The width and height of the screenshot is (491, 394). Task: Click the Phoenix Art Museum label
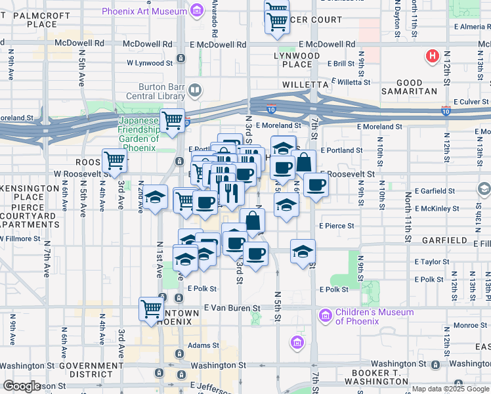pyautogui.click(x=144, y=11)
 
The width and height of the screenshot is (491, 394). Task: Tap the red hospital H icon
pyautogui.click(x=433, y=56)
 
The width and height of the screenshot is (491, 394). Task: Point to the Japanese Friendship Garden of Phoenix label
pyautogui.click(x=138, y=134)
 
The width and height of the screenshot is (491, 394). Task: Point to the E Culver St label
pyautogui.click(x=472, y=102)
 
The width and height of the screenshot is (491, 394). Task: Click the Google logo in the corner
pyautogui.click(x=22, y=386)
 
